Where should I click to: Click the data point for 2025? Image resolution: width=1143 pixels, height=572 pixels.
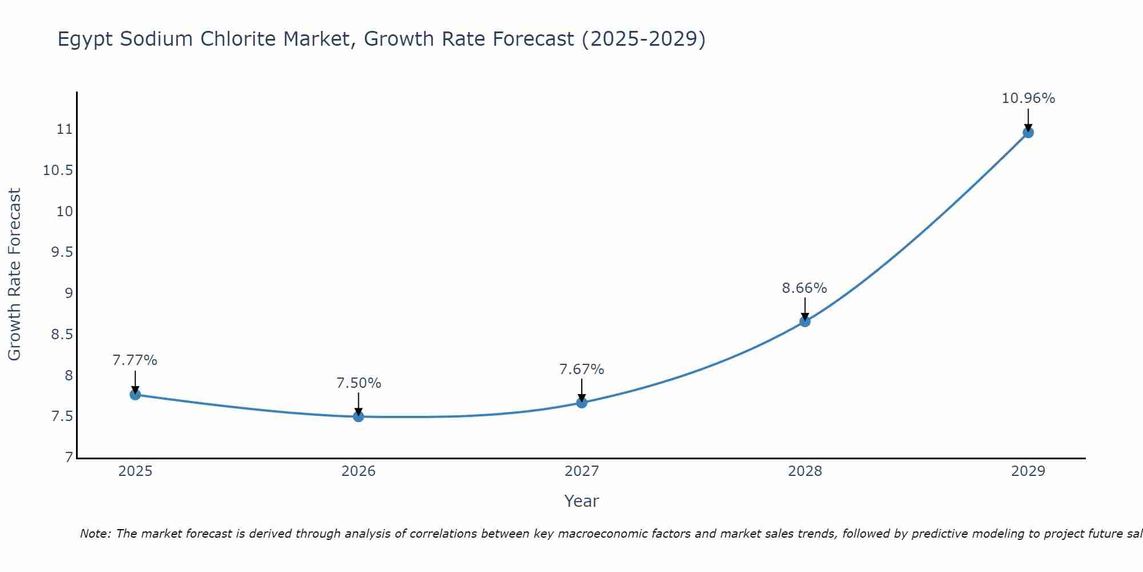click(x=135, y=395)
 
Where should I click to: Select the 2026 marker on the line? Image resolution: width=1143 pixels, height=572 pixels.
click(x=358, y=416)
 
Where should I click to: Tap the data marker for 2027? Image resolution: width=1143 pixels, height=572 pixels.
click(x=582, y=403)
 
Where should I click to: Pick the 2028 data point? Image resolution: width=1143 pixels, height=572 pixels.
click(x=805, y=321)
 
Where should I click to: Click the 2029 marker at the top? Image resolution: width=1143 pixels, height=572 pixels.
click(x=1028, y=133)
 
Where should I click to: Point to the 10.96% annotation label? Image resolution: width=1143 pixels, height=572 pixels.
click(x=1028, y=98)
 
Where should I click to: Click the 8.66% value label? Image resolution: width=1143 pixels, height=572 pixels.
click(x=804, y=288)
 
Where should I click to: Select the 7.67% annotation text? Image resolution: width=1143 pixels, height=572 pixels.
click(x=581, y=370)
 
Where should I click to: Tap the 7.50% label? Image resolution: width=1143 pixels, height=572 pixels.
click(x=358, y=383)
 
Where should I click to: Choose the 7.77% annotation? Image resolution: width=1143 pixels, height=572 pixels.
click(x=135, y=360)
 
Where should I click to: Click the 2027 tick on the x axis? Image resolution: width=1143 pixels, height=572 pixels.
click(x=582, y=471)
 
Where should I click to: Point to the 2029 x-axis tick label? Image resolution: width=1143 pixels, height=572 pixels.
click(x=1028, y=471)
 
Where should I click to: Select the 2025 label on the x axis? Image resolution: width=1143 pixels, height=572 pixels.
click(x=135, y=471)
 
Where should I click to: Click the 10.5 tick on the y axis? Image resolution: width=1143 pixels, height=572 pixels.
click(x=58, y=170)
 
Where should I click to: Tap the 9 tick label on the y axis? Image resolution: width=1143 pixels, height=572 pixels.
click(x=69, y=293)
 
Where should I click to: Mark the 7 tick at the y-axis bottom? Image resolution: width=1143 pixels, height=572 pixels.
click(x=69, y=458)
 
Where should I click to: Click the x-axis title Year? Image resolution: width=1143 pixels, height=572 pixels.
click(x=581, y=501)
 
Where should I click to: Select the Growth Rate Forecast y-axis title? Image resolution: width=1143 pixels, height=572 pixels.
click(x=14, y=275)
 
